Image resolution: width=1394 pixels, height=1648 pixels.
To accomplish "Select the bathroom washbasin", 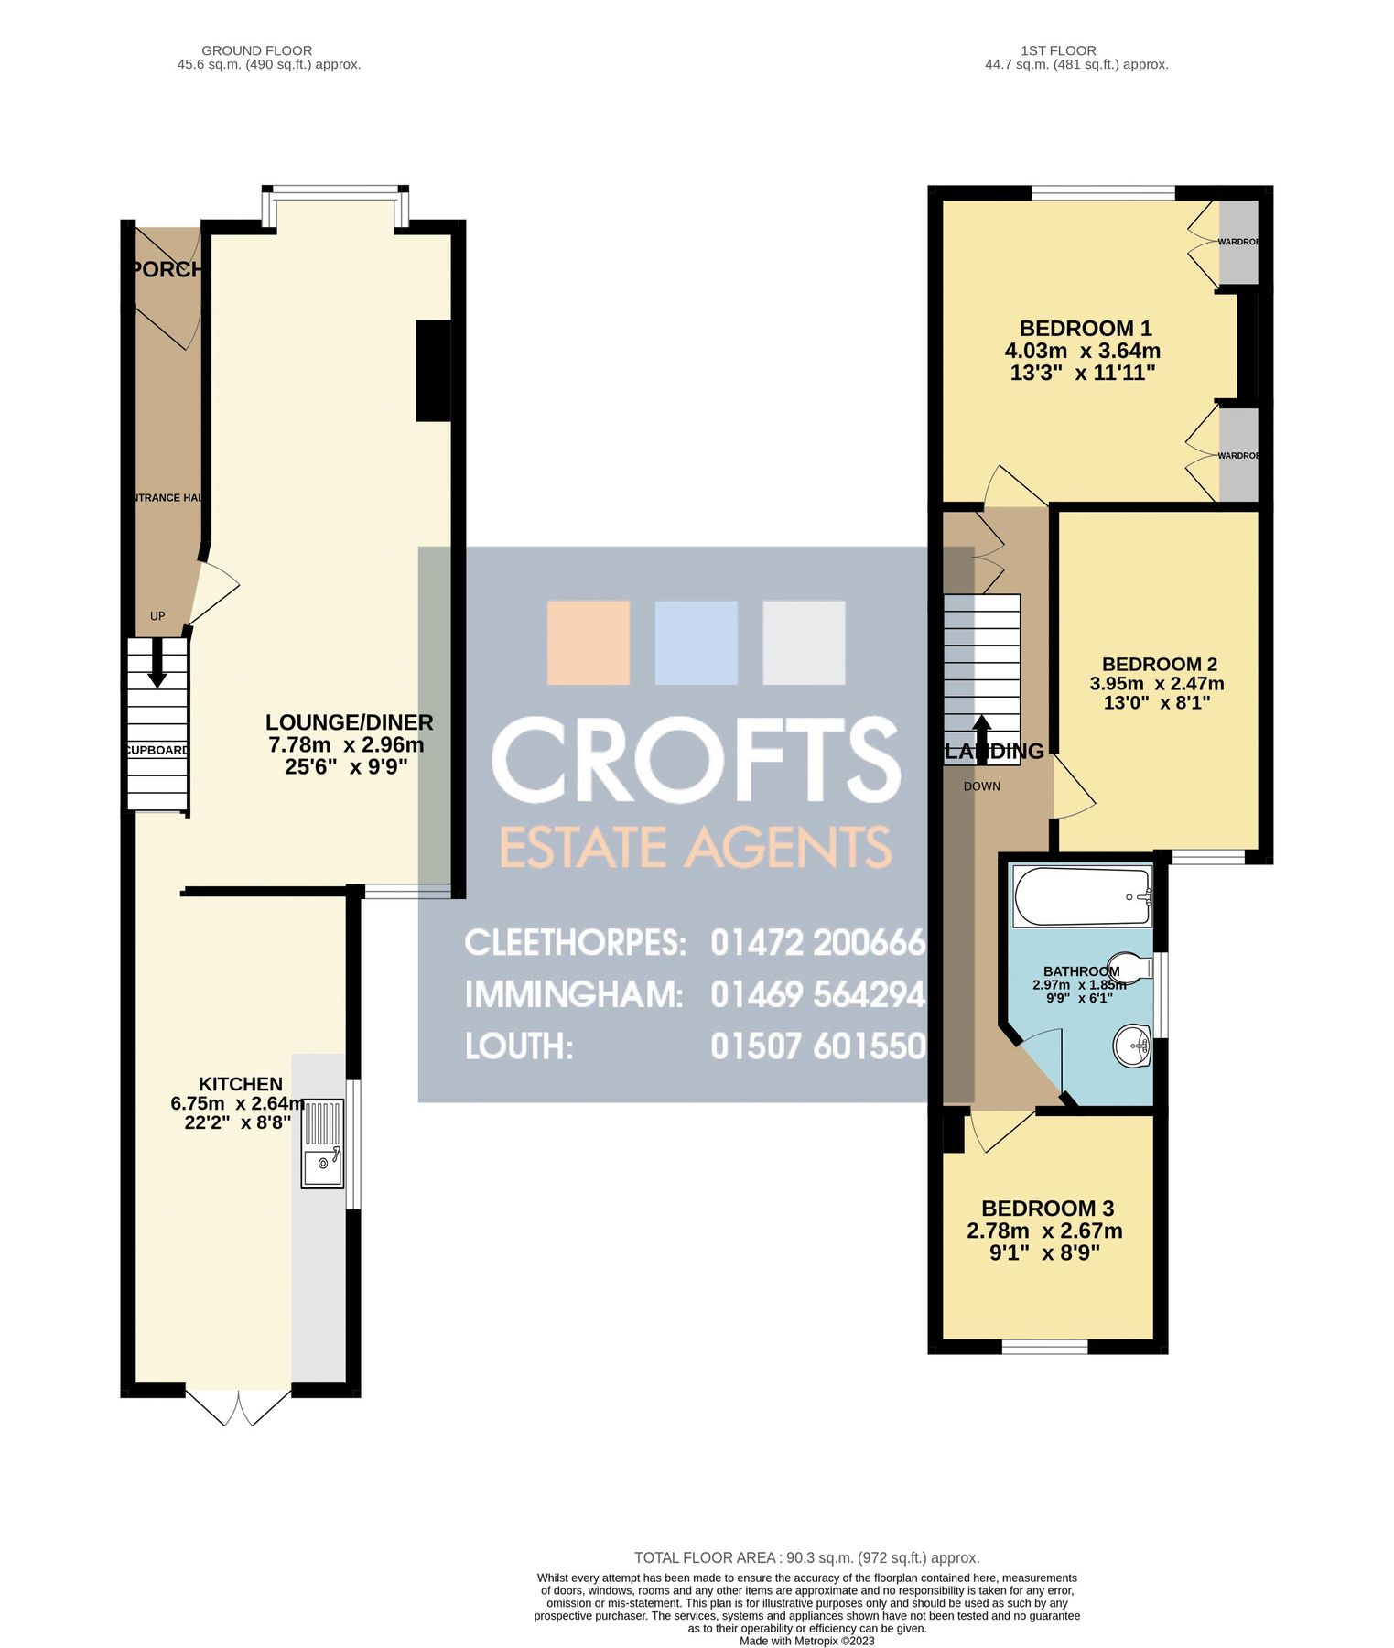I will click(1132, 1046).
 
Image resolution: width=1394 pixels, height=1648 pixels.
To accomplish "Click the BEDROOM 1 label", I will click(1086, 328).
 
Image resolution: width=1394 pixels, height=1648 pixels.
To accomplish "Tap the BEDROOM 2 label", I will click(1159, 664).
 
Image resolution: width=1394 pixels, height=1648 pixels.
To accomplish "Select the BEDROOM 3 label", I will click(1047, 1209).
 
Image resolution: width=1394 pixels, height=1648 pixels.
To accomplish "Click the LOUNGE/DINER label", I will click(349, 722).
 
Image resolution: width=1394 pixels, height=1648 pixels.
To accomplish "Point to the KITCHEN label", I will click(241, 1084).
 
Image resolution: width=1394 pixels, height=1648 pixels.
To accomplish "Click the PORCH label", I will click(166, 269).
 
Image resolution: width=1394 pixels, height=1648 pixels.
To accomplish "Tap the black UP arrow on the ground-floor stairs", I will click(157, 662).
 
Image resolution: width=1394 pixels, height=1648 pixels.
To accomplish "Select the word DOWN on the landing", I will click(981, 786).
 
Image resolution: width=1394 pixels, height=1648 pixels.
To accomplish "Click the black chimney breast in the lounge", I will click(433, 370).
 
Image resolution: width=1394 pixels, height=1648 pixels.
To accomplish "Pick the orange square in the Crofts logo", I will click(589, 642).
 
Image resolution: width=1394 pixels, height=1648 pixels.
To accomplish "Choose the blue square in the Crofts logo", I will click(696, 642).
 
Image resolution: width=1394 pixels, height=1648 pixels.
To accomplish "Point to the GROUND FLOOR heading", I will click(256, 50).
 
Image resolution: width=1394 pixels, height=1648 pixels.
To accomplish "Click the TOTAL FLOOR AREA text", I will click(806, 1557).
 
